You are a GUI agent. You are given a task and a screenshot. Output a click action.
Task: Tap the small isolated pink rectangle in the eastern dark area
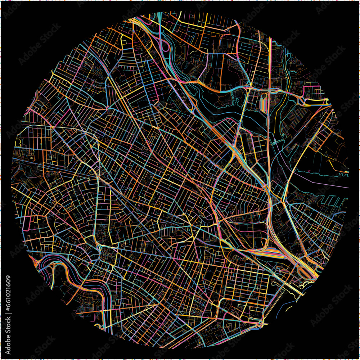click(309, 171)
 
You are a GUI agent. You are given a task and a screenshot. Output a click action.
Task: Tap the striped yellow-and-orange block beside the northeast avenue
click(264, 103)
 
